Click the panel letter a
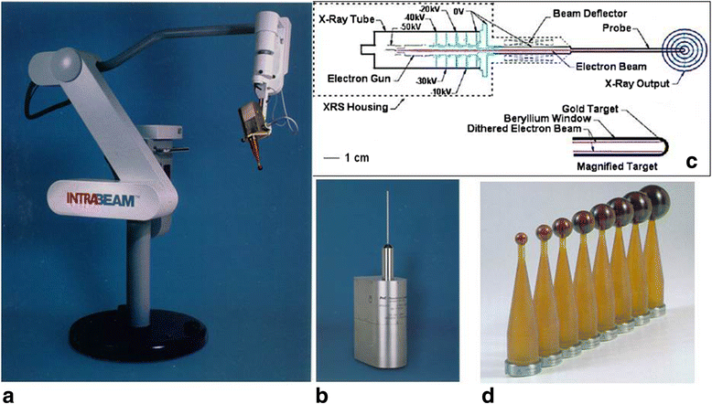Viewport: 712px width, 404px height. click(10, 395)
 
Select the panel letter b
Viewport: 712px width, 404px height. click(320, 395)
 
